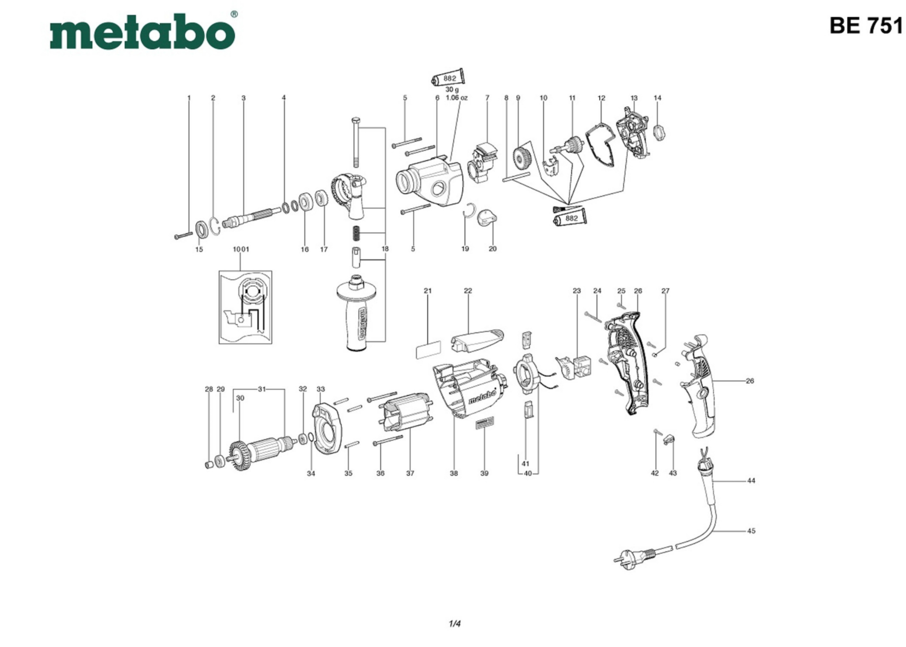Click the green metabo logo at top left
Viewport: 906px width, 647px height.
pyautogui.click(x=142, y=32)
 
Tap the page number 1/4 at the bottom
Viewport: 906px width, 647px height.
pyautogui.click(x=455, y=624)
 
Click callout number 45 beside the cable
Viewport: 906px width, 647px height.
pyautogui.click(x=751, y=531)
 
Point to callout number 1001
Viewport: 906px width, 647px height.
pyautogui.click(x=241, y=249)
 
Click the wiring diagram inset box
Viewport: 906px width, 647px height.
pyautogui.click(x=245, y=307)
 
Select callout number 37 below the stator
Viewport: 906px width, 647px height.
pyautogui.click(x=410, y=473)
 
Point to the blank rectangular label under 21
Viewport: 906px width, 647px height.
pyautogui.click(x=428, y=349)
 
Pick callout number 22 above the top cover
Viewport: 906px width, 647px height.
pyautogui.click(x=468, y=291)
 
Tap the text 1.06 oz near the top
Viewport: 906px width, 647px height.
pyautogui.click(x=456, y=98)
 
